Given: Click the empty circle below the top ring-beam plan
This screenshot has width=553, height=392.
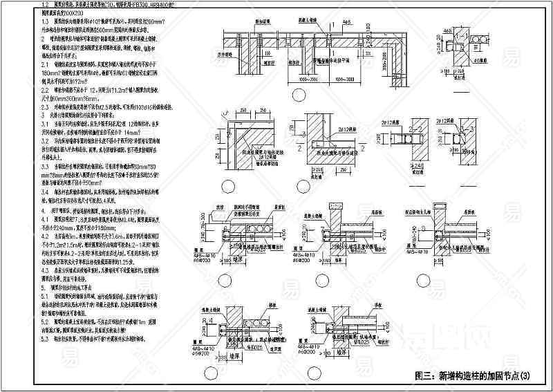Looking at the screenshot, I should pos(298,95).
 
